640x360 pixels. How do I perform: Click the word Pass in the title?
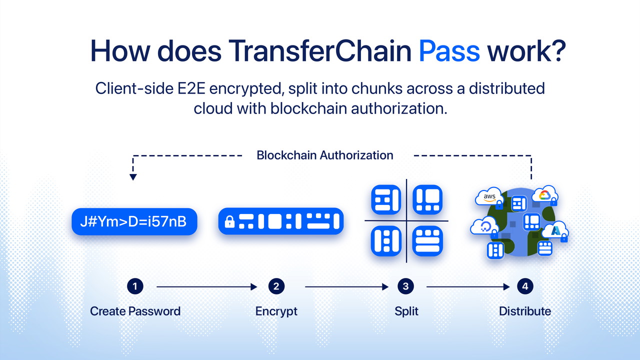449,50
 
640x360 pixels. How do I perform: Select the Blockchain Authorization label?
325,155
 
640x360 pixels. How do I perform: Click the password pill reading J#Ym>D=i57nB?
134,221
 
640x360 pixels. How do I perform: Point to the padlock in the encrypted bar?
229,222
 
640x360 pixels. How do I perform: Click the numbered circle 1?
134,286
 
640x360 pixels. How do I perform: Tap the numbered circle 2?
276,286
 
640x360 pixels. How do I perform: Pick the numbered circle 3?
405,286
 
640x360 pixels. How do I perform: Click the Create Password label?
135,311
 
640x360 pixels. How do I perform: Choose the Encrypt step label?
276,311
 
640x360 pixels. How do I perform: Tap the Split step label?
406,311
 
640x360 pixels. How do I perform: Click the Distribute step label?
525,311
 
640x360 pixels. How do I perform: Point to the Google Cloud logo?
544,195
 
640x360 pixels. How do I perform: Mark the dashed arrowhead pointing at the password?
132,176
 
